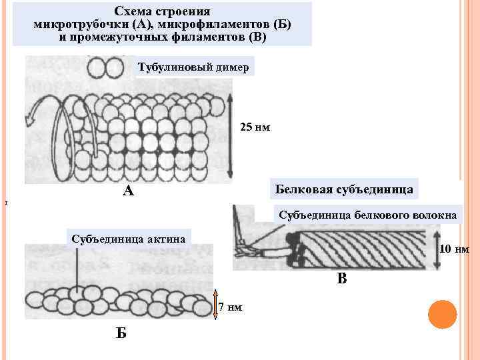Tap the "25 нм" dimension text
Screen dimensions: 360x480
pos(254,127)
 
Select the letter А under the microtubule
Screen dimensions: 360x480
pos(128,192)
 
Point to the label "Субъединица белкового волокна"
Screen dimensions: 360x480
pos(367,215)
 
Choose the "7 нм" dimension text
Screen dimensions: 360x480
pos(230,307)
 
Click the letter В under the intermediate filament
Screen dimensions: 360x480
pos(341,279)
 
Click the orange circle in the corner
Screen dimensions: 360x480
pos(442,314)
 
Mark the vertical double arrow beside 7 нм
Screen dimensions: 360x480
pos(215,306)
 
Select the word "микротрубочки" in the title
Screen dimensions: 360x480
pos(71,24)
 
